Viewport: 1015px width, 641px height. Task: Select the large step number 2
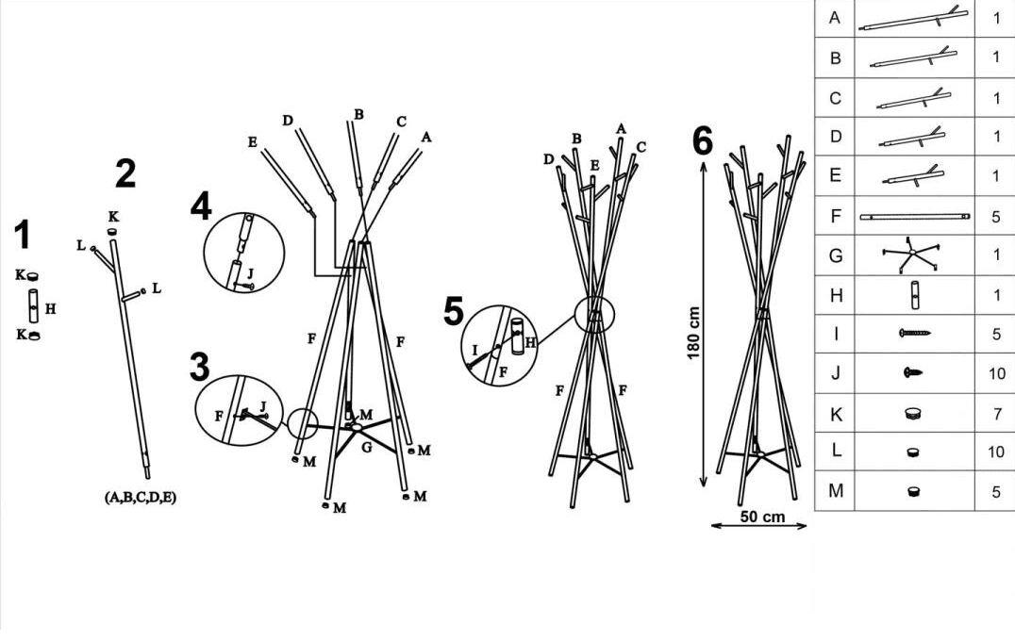click(x=125, y=173)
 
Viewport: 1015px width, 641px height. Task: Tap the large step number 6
click(x=703, y=141)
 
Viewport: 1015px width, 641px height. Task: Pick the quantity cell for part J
click(x=996, y=373)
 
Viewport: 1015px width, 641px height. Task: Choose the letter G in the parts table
click(x=835, y=255)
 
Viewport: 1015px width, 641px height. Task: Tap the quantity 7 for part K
click(x=996, y=413)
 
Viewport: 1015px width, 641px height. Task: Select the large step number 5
click(x=455, y=311)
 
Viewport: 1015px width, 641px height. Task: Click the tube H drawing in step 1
click(x=33, y=305)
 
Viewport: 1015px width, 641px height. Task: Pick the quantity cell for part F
click(x=996, y=216)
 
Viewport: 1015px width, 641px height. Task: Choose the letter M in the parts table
click(x=835, y=491)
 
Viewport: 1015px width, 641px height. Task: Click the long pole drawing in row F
click(x=914, y=217)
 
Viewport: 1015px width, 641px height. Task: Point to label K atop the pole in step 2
click(x=113, y=217)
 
